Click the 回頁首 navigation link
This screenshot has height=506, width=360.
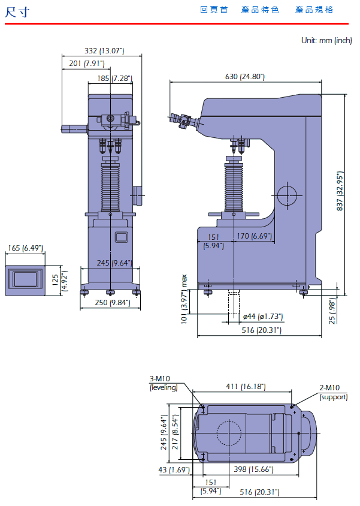(x=214, y=10)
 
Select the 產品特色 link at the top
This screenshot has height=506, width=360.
(x=260, y=10)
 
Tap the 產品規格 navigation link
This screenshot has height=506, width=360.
(x=314, y=10)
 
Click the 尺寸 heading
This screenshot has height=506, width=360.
(x=17, y=12)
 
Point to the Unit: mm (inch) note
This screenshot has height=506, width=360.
(x=326, y=40)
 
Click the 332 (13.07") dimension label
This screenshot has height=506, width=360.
(x=104, y=51)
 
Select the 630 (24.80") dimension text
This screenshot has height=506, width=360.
(x=245, y=77)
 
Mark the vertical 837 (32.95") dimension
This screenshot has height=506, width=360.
(x=340, y=191)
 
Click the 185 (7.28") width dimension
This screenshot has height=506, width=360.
(x=115, y=78)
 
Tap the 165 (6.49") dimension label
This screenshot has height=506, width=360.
(x=26, y=248)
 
